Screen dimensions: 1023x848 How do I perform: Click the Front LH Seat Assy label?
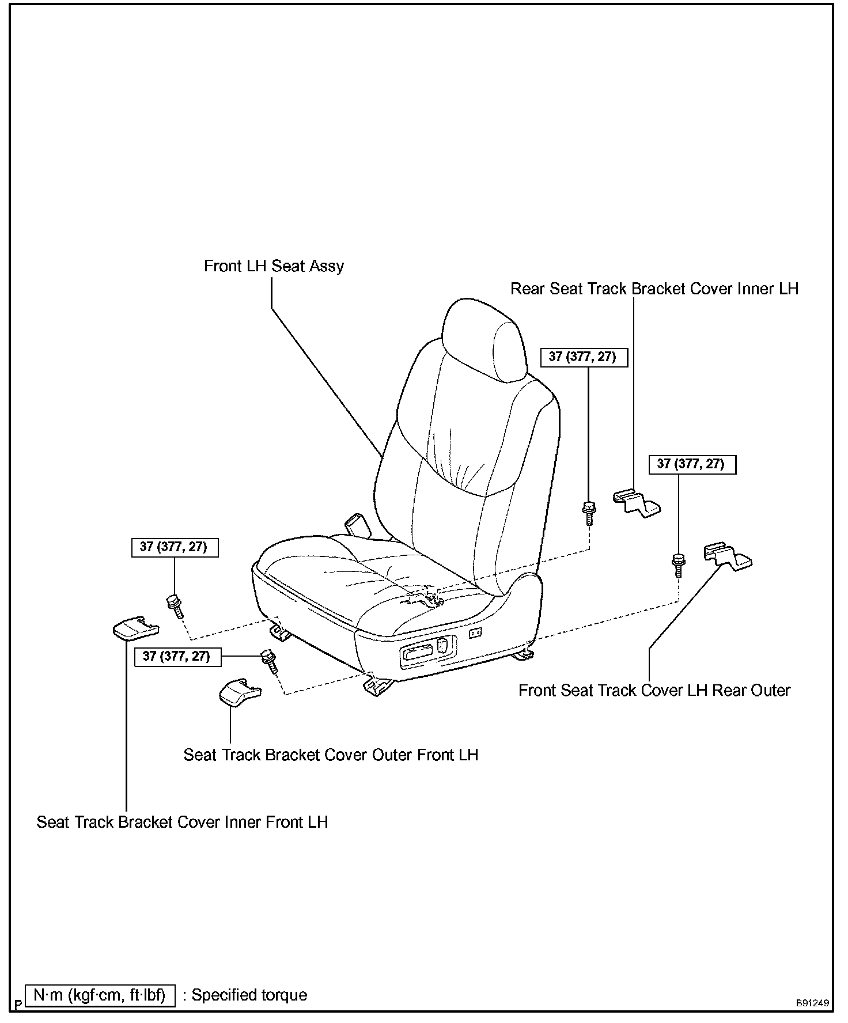tap(274, 266)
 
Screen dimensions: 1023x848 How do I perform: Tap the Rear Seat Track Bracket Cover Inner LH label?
tap(654, 289)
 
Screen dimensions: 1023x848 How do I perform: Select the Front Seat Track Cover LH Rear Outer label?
tap(654, 690)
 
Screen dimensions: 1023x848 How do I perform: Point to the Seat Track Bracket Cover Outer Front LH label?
tap(331, 755)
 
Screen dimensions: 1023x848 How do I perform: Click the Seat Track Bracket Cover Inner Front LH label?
tap(182, 821)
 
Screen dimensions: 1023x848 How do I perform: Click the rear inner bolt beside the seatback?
tap(589, 512)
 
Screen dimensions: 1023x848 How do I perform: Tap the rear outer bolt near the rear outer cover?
tap(678, 564)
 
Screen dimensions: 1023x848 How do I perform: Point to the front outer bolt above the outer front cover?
tap(270, 662)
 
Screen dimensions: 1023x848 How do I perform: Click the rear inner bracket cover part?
tap(636, 502)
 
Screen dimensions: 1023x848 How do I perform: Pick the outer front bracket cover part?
tap(239, 691)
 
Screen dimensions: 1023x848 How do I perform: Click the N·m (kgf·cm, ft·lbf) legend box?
tap(100, 995)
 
